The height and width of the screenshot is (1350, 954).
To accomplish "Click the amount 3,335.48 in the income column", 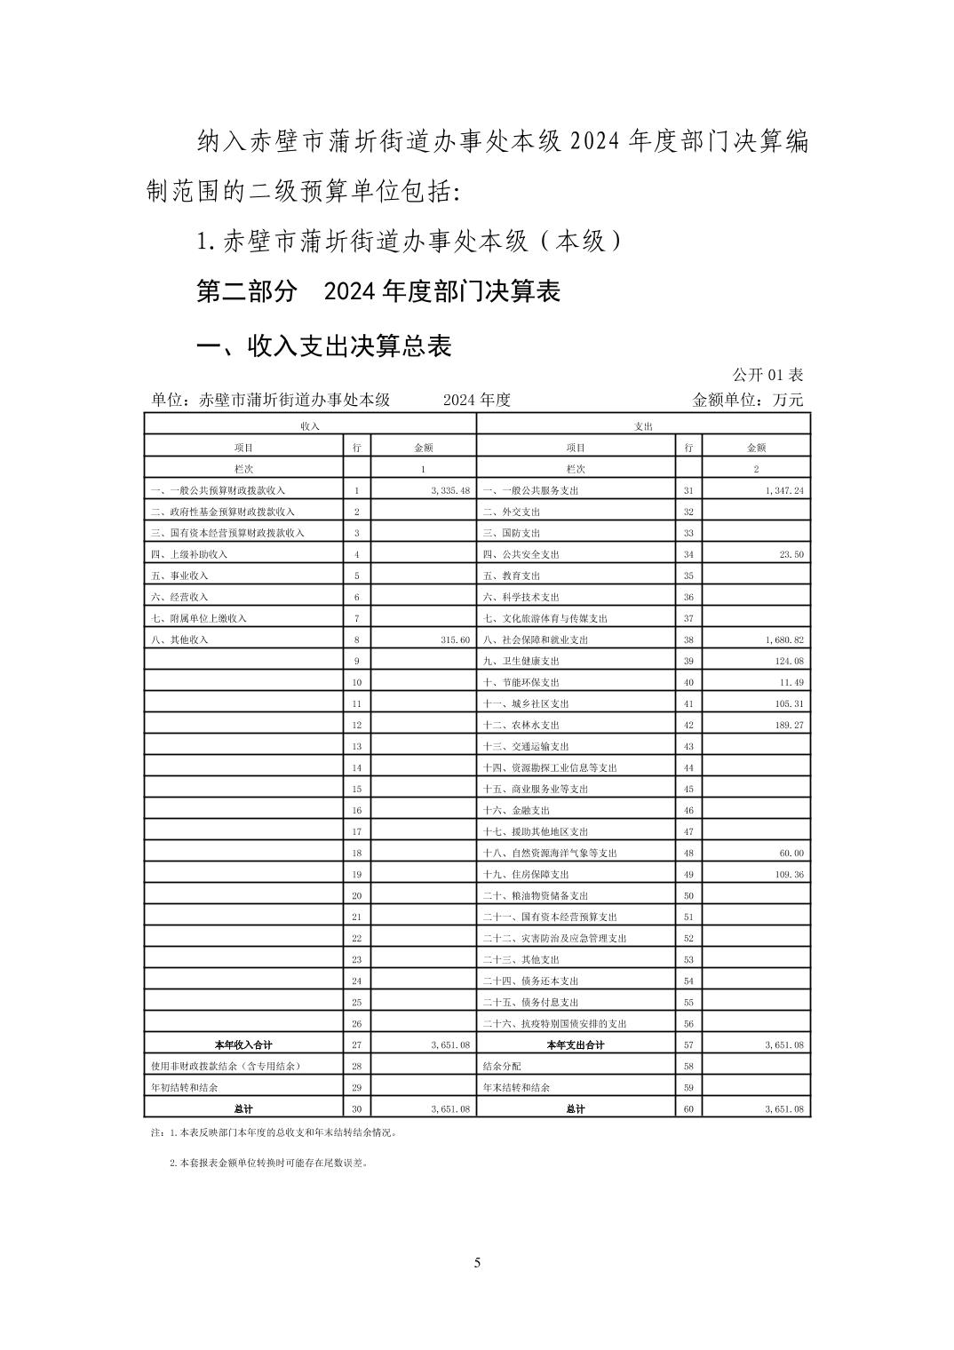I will click(x=449, y=490).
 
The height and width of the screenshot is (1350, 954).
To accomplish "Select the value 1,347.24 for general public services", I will click(x=783, y=490).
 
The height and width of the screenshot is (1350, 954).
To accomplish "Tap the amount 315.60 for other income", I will click(x=455, y=639).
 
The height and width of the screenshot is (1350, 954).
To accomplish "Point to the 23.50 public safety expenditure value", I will click(x=791, y=554).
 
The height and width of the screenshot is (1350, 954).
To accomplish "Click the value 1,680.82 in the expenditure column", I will click(x=783, y=639).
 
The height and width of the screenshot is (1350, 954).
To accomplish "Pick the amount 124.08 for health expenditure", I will click(x=788, y=661).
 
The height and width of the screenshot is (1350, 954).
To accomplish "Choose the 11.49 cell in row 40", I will click(x=791, y=682).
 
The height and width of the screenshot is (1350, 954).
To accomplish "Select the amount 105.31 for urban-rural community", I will click(x=788, y=703).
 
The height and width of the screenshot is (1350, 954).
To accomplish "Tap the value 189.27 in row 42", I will click(x=788, y=725).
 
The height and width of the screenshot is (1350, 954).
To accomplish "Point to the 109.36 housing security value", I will click(x=788, y=874).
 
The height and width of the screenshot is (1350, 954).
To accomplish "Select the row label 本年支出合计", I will click(x=576, y=1044).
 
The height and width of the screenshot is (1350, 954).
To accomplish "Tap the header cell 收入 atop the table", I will click(x=310, y=426).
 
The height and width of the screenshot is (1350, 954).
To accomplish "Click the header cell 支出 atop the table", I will click(x=643, y=426).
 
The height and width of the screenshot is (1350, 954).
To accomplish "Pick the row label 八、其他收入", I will click(x=180, y=639).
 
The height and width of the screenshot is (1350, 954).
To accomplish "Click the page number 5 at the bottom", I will click(x=477, y=1262).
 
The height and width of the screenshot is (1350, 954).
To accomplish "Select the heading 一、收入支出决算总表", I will click(x=324, y=345).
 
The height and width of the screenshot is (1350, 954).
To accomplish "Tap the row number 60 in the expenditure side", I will click(x=688, y=1108).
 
